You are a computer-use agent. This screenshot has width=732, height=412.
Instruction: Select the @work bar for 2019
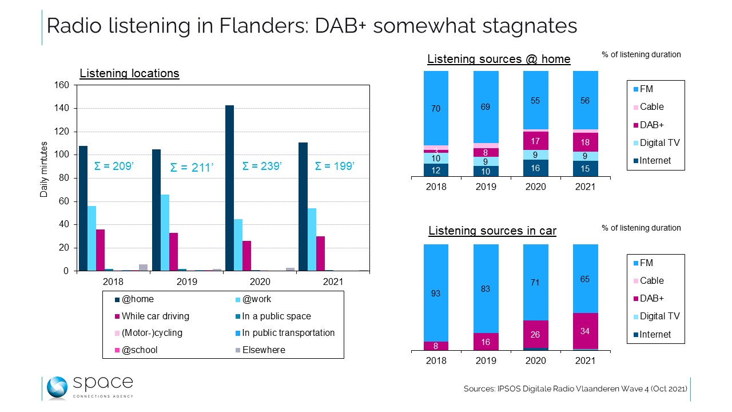point(165,232)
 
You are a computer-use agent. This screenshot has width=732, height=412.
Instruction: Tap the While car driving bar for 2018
point(100,249)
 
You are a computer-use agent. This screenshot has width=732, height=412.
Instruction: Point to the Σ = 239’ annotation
point(262,166)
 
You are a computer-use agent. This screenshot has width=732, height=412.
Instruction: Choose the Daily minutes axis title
point(44,170)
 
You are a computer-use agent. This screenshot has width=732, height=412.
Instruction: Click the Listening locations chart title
point(129,73)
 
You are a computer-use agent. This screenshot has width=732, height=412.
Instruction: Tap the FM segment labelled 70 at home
point(436,108)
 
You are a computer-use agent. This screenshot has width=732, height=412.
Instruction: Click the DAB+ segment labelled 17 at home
point(536,141)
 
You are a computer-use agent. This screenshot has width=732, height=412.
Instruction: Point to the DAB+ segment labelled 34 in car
point(585,331)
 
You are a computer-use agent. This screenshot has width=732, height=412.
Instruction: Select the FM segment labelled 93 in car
point(436,293)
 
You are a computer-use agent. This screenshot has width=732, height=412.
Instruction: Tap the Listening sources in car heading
point(492,231)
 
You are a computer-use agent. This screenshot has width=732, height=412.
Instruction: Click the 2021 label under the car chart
point(585,360)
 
